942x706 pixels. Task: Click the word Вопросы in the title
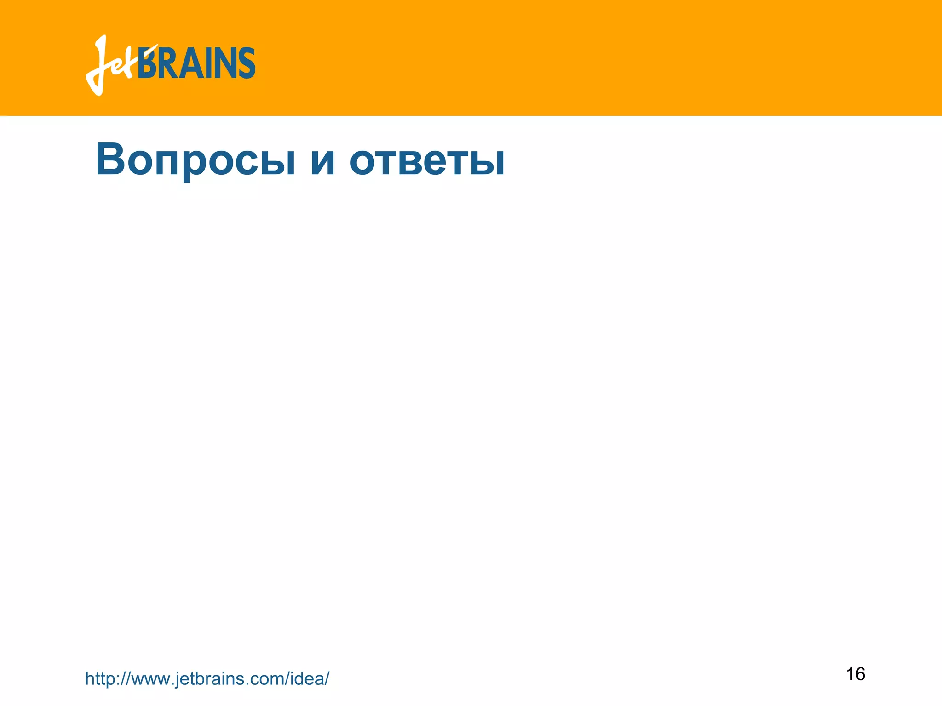pyautogui.click(x=195, y=159)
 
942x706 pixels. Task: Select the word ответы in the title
pyautogui.click(x=427, y=160)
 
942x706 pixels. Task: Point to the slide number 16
pyautogui.click(x=856, y=674)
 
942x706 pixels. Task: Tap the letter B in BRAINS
pyautogui.click(x=148, y=63)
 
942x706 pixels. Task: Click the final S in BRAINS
pyautogui.click(x=246, y=63)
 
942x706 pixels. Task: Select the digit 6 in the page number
pyautogui.click(x=860, y=674)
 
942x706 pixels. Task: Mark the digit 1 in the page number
pyautogui.click(x=850, y=674)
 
